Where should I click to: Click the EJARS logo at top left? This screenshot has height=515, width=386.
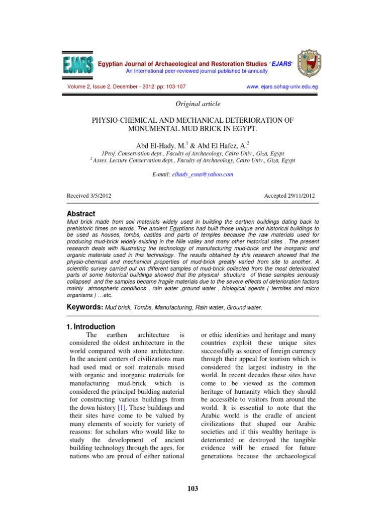pyautogui.click(x=78, y=67)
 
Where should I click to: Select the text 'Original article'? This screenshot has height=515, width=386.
pyautogui.click(x=193, y=104)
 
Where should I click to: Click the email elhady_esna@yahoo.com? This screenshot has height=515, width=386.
pyautogui.click(x=203, y=174)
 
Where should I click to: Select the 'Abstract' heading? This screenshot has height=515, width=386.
pyautogui.click(x=81, y=214)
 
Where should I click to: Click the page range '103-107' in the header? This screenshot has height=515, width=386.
pyautogui.click(x=174, y=87)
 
